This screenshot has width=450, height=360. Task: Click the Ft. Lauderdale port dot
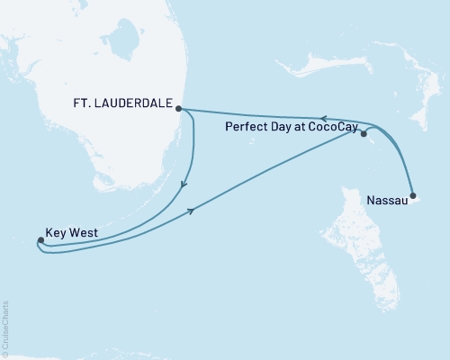tap(179, 109)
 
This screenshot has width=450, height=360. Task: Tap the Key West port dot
tap(41, 240)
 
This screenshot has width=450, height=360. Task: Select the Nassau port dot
tap(412, 195)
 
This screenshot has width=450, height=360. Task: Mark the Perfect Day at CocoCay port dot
tap(364, 135)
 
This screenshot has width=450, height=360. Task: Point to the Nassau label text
tap(388, 202)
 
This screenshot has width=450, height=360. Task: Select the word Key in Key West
tap(55, 229)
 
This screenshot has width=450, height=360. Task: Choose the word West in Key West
tap(79, 229)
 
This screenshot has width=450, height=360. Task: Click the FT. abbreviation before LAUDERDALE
tap(84, 102)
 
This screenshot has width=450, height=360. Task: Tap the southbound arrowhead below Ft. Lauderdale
tap(184, 185)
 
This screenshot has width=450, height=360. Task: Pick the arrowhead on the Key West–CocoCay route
tap(191, 211)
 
